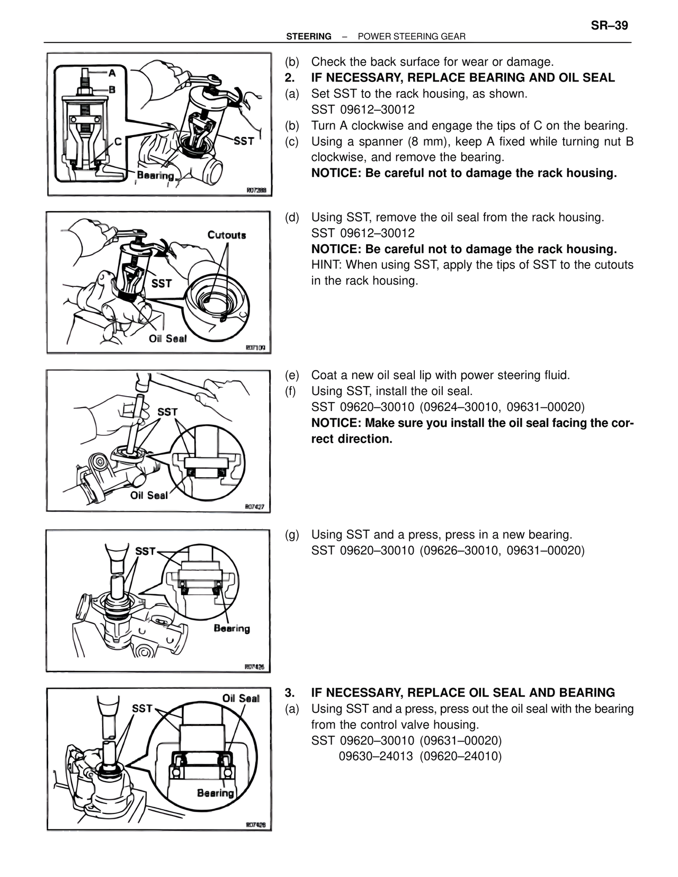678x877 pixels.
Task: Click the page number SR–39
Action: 609,25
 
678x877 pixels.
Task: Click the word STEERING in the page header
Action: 308,37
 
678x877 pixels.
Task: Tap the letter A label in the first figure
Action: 113,73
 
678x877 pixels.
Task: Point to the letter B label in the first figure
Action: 112,89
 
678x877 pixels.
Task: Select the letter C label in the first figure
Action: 118,142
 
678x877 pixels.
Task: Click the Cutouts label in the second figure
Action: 227,235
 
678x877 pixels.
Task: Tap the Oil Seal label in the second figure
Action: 167,338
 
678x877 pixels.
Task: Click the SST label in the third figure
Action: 167,411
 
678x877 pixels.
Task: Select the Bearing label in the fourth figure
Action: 231,628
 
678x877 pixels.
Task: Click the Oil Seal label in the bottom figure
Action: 240,698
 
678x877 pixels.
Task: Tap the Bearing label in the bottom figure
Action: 215,793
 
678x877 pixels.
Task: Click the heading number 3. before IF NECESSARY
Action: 290,693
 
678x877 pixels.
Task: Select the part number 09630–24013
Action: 376,756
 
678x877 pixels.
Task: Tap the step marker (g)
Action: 292,534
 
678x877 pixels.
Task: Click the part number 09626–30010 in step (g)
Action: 460,550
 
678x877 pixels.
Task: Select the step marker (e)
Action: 292,375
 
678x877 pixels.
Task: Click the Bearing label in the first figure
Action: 155,175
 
